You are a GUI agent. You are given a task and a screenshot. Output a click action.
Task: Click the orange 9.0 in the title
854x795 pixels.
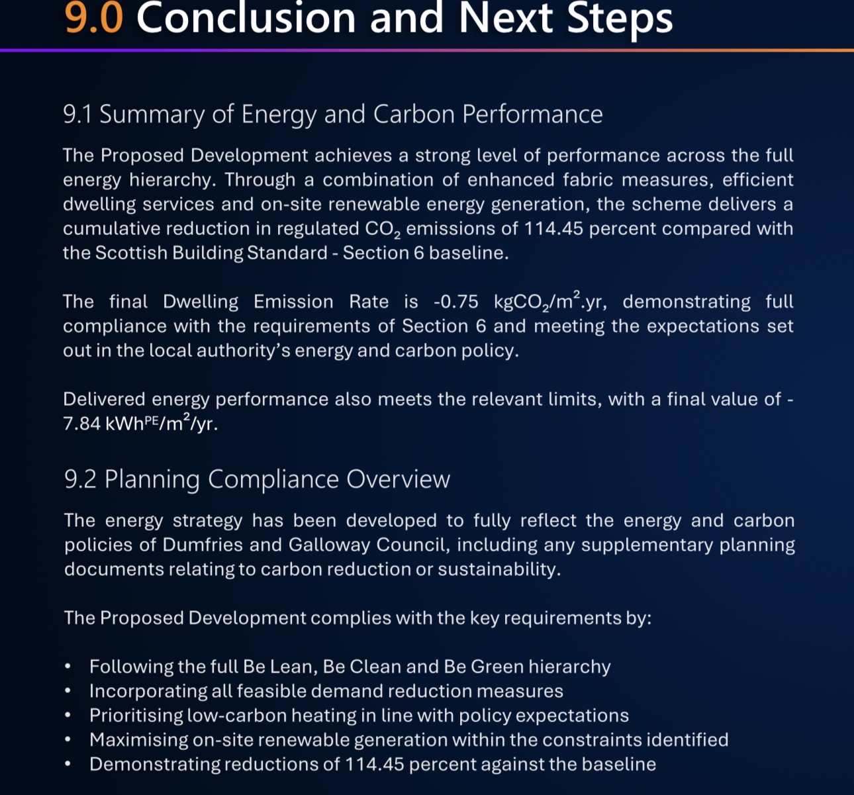pos(94,17)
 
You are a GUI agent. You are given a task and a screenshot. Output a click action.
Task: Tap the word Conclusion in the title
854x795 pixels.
pos(247,17)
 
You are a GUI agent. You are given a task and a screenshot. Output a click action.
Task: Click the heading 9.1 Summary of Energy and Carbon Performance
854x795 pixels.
pos(332,115)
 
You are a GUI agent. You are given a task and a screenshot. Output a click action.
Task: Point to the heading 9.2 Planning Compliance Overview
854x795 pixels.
pos(257,479)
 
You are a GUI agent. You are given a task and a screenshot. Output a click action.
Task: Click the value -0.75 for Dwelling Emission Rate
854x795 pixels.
pos(455,302)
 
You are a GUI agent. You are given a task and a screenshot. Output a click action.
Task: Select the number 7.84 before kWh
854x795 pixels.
pos(81,424)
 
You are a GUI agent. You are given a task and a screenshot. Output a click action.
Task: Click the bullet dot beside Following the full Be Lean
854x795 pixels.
pos(68,667)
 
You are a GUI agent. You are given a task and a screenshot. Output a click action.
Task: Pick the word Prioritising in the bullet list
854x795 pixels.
pos(136,716)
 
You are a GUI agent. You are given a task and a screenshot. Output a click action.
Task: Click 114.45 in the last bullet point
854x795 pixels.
pos(374,764)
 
